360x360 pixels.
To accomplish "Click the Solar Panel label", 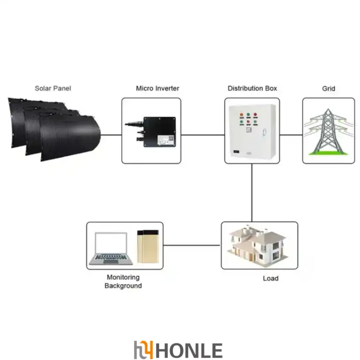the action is coord(53,88).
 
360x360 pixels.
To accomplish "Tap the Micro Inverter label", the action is coord(157,88).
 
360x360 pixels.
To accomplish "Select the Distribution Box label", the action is coord(252,88).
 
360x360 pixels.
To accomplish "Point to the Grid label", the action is coord(329,89).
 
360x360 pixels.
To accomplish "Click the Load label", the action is coord(271,278).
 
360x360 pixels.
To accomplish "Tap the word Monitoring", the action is coord(123,277).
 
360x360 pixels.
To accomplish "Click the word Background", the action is coord(123,286).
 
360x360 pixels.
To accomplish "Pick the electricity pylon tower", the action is coord(329,132).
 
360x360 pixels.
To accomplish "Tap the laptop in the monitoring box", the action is coord(111,249).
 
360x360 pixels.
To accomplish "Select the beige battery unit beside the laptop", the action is coord(148,246).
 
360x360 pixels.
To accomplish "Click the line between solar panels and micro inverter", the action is coord(111,135).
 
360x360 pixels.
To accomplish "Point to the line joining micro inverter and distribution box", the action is coord(203,135).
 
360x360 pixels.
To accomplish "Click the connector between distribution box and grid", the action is coord(291,135).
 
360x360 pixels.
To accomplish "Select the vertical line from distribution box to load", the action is coord(252,193).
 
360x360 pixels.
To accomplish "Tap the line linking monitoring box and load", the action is coord(192,245).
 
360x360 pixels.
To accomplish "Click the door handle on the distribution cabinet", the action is coord(264,132).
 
